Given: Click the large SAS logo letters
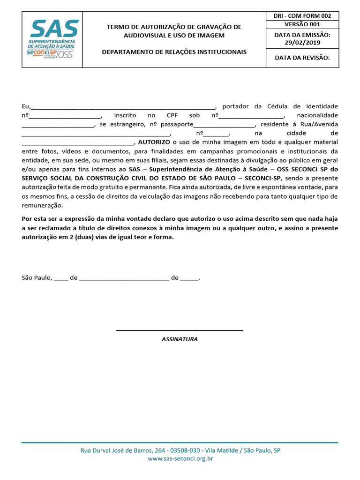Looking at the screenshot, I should coord(54,29).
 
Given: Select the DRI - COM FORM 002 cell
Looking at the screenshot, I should coord(302,16).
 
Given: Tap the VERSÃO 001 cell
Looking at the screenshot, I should coord(302,24).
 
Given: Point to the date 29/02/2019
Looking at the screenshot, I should coord(302,43).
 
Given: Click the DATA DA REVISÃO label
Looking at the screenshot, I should coord(302,58).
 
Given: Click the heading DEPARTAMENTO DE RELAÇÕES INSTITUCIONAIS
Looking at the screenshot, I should coord(174,52).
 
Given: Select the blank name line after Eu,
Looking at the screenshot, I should coord(123,107).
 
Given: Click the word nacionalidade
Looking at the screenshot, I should coord(317,115).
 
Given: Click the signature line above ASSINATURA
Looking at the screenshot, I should coord(180,330).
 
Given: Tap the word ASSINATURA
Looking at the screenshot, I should coord(180,339).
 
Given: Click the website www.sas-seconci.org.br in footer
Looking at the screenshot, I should coord(180,459).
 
